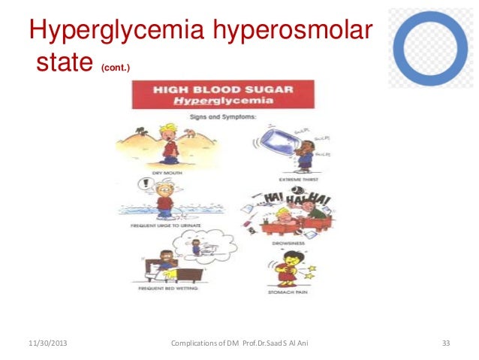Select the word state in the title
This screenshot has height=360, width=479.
tap(62, 66)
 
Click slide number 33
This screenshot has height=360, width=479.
tap(445, 343)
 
